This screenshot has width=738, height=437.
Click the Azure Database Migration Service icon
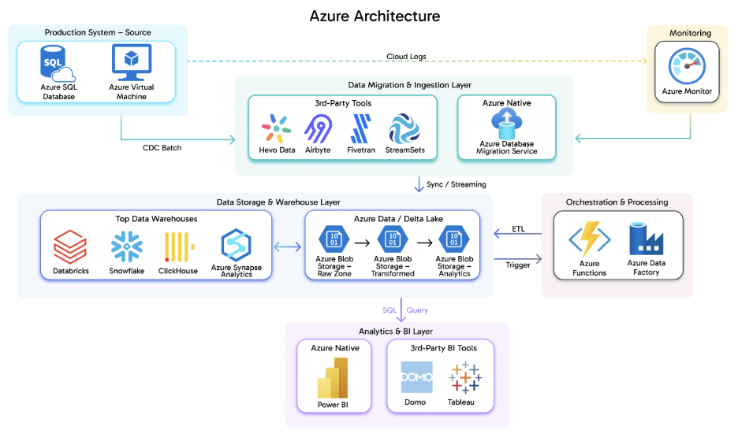coord(506,122)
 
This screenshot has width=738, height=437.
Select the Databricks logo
coord(70,247)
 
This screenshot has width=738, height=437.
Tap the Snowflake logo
coord(126,247)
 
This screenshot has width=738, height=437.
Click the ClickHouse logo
coord(177,247)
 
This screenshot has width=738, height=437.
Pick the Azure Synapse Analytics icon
coord(237,245)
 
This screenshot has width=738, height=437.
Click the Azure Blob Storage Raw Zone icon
coord(334,239)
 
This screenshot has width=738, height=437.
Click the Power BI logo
coord(333,378)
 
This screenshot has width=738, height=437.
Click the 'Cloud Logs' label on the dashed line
coord(407,56)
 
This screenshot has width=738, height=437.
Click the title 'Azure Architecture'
coord(375,16)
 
